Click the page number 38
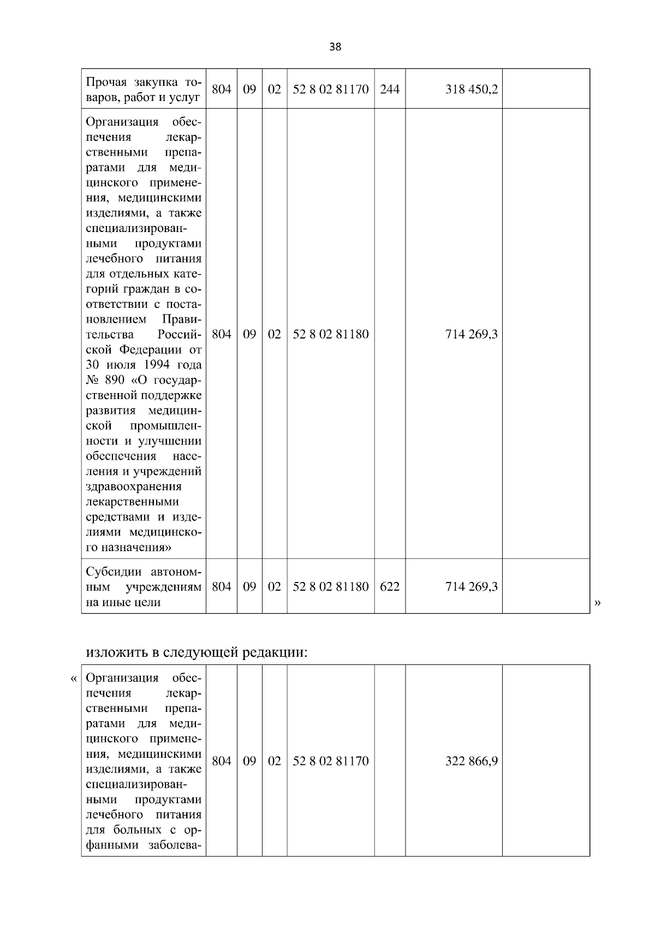(335, 47)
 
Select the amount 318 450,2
(471, 89)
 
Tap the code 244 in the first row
(389, 89)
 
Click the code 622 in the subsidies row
(389, 587)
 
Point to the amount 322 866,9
(471, 761)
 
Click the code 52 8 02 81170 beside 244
(331, 89)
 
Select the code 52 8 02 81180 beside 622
(331, 587)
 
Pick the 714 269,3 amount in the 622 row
(471, 587)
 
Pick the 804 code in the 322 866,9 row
(221, 761)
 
